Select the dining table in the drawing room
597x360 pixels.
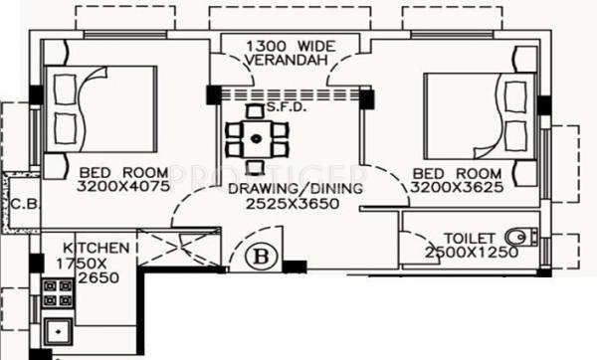257,137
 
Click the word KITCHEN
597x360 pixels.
96,247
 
